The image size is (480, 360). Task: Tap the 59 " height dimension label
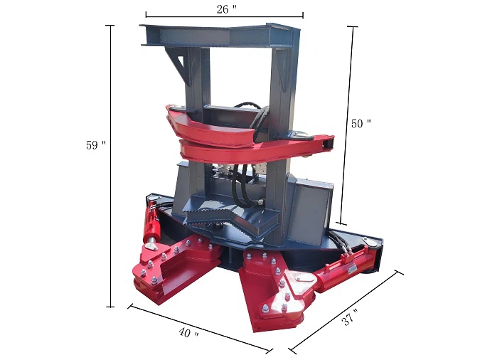tap(95, 144)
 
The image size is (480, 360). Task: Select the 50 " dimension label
tap(361, 123)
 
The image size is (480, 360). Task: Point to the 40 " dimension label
tap(186, 334)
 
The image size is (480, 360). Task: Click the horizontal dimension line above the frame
tap(224, 15)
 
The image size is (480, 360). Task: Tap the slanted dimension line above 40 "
tap(200, 328)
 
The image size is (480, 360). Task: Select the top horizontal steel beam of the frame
tap(220, 33)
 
